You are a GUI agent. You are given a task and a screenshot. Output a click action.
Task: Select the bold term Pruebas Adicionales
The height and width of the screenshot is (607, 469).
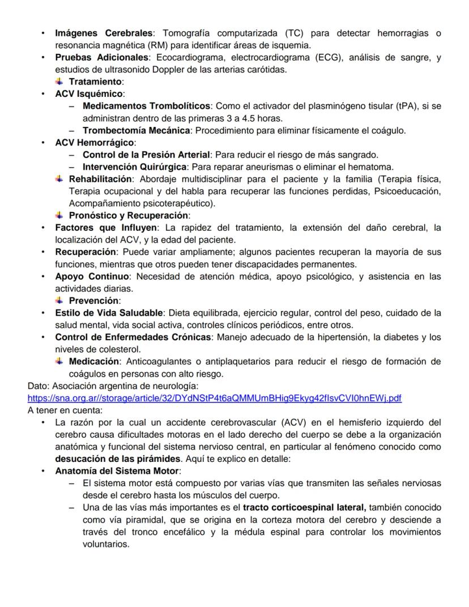[101, 57]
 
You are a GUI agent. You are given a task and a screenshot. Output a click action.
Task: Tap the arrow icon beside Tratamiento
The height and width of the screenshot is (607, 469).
[59, 81]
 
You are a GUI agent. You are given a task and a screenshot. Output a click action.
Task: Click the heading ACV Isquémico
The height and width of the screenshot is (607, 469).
[89, 94]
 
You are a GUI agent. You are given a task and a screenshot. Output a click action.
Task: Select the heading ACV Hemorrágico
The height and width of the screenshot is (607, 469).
[95, 143]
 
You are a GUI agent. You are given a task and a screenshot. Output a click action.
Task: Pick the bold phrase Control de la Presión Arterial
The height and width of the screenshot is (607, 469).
[146, 155]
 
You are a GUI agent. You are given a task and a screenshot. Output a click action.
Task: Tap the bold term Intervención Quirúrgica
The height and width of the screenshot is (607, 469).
[134, 167]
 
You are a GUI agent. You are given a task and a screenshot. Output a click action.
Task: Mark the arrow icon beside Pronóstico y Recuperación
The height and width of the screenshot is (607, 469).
[59, 215]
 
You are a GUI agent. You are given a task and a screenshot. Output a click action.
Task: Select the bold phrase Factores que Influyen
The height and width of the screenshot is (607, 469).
[106, 228]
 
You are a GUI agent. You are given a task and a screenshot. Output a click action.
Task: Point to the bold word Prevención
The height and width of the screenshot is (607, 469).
[93, 300]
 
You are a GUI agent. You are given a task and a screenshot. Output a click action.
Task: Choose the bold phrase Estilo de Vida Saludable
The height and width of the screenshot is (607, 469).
[109, 313]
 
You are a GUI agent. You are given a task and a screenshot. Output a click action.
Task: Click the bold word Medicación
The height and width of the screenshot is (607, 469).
[93, 362]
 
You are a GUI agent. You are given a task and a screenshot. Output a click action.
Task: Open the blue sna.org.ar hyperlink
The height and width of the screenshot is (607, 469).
[214, 398]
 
